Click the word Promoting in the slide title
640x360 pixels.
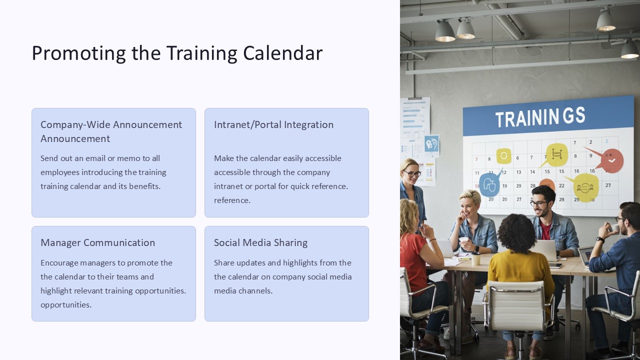(78, 53)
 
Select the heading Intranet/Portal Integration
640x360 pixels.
(273, 125)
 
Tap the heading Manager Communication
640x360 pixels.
(97, 242)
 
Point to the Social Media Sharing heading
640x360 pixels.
(261, 242)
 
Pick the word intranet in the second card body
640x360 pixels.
(228, 186)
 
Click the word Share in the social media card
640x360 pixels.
(224, 263)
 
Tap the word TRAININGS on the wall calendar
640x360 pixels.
(540, 117)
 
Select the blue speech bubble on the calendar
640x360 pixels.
(489, 184)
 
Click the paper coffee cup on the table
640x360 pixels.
(475, 258)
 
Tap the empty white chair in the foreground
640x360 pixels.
(517, 307)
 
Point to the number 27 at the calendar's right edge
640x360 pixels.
(608, 185)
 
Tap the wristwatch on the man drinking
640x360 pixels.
(600, 239)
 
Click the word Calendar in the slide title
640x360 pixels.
(283, 53)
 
